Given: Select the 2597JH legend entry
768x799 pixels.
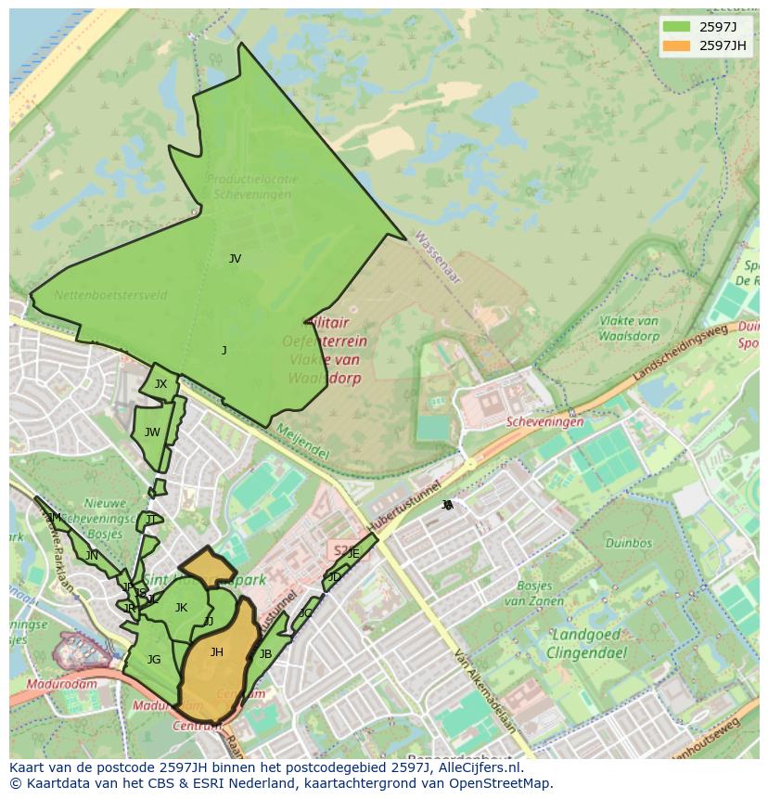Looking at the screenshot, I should (705, 45).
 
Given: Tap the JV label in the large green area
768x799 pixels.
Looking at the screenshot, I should (235, 259).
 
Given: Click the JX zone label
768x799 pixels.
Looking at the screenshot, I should (160, 384).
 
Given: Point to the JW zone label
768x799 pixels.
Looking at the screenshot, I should (152, 432).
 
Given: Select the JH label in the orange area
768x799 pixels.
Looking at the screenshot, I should (216, 652).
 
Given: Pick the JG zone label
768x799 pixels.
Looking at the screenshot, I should (154, 660).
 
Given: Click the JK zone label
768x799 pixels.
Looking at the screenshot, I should (181, 608).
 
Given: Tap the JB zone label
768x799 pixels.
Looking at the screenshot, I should (265, 654).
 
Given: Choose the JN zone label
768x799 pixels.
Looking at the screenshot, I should (92, 556).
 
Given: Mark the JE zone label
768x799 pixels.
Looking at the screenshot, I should (353, 553).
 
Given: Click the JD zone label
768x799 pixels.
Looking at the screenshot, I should (334, 577).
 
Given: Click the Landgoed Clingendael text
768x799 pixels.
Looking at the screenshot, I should (589, 644).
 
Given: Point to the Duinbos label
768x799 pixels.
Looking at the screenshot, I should (628, 544).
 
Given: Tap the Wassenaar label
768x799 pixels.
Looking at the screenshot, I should (437, 247).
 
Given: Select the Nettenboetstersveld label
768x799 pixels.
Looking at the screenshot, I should (110, 296).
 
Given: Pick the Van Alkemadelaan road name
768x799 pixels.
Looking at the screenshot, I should (482, 691).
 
